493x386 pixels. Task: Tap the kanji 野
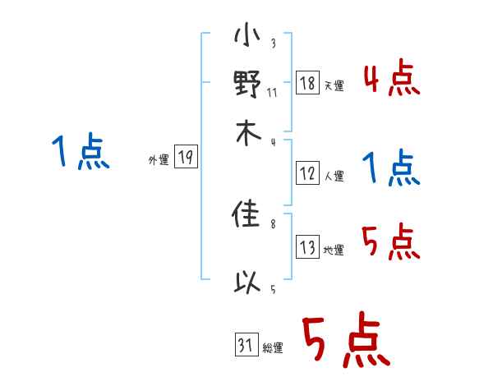point(247,85)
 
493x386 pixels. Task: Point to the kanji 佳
point(247,217)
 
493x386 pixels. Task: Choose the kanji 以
point(247,283)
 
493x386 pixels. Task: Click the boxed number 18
point(307,83)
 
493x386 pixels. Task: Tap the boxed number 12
point(307,173)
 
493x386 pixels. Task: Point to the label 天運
point(334,85)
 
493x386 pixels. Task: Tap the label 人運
point(334,176)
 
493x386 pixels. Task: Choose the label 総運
point(273,348)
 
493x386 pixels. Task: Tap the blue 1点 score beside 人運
point(391,169)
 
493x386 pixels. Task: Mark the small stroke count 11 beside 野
point(272,93)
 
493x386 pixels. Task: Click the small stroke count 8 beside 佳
point(273,223)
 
